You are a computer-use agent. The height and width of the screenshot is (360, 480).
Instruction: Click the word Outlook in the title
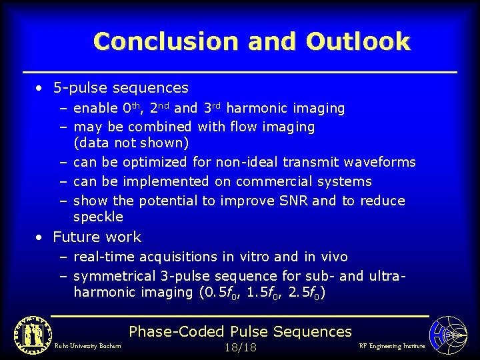coord(357,41)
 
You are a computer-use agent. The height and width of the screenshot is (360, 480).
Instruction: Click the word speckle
coord(98,217)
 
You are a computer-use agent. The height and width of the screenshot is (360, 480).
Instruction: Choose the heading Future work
coord(97,237)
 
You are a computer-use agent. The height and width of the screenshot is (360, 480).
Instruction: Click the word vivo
coord(332,257)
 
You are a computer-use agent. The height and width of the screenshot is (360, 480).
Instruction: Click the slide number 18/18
coord(241,347)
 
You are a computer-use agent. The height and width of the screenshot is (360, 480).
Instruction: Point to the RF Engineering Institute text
coord(391,346)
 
